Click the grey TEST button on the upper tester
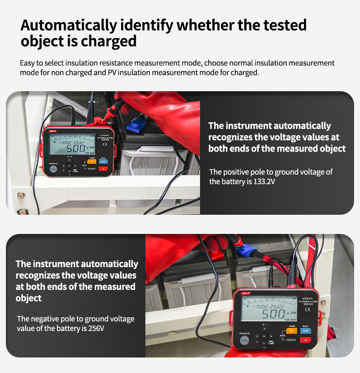[x=53, y=169]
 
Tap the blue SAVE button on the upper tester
[x=103, y=161]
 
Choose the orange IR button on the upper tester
[x=92, y=161]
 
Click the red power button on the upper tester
[x=103, y=169]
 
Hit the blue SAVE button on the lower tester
[x=305, y=331]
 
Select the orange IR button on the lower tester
[x=292, y=331]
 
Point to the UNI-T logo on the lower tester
[x=242, y=292]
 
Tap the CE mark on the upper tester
[x=104, y=145]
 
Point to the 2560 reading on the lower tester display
[x=275, y=306]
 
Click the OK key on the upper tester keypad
[x=69, y=166]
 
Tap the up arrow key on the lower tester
[x=264, y=328]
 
